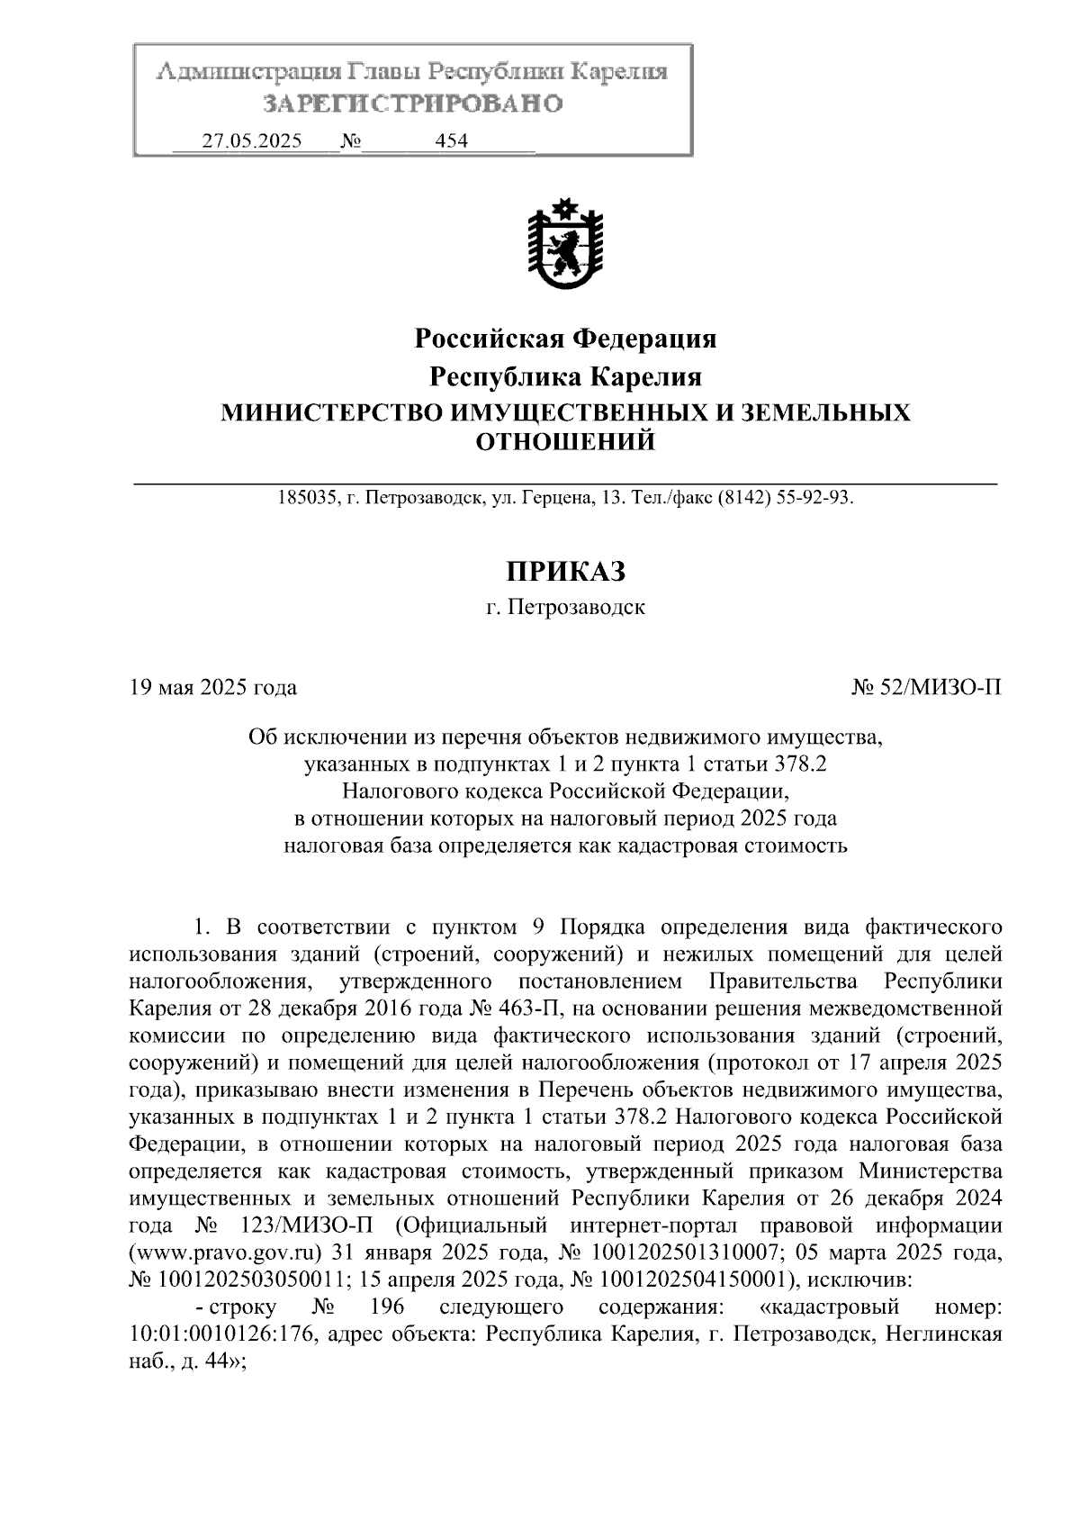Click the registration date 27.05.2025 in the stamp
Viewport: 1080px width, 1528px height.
tap(252, 141)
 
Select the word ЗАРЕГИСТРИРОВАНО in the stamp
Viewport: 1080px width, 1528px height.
tap(413, 104)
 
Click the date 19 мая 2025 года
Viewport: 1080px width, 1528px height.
tap(213, 688)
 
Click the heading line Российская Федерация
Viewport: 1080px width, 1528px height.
tap(565, 339)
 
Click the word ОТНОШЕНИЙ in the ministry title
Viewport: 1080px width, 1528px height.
tap(565, 442)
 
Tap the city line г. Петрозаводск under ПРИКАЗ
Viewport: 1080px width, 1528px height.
tap(565, 607)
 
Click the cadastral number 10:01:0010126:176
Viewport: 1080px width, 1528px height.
tap(221, 1334)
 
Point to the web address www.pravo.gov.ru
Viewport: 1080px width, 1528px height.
tap(226, 1252)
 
